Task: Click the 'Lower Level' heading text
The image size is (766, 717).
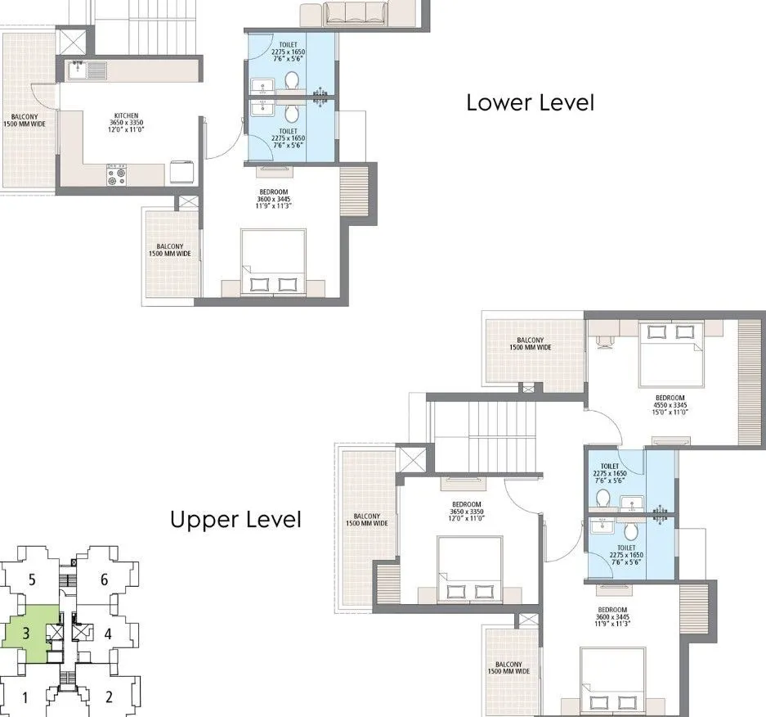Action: click(x=530, y=103)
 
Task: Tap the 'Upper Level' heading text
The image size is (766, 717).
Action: click(x=235, y=520)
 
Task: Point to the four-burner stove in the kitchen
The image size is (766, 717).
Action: click(x=116, y=173)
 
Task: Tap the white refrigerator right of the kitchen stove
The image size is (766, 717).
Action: click(x=180, y=172)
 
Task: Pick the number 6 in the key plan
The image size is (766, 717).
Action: click(x=104, y=580)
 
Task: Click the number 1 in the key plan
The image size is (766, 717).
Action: click(x=26, y=698)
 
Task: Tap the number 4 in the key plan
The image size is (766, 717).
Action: click(x=107, y=634)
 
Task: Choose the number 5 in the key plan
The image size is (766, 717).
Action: click(x=31, y=580)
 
